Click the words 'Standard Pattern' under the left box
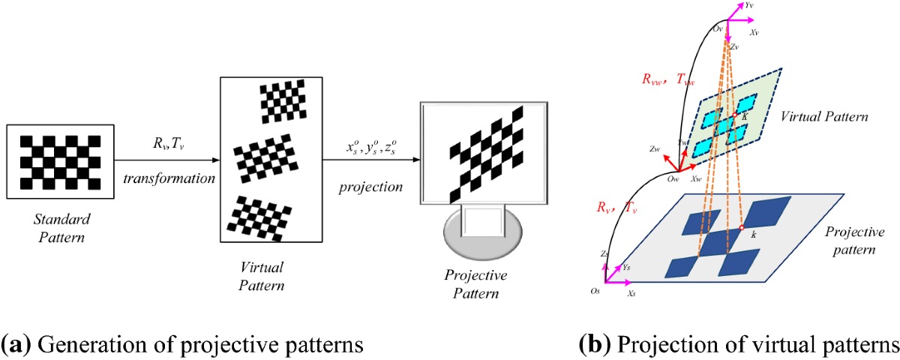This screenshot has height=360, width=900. pos(62,229)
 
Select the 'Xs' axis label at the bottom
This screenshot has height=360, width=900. pos(633,296)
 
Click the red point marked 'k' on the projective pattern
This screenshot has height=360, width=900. pos(742,227)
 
